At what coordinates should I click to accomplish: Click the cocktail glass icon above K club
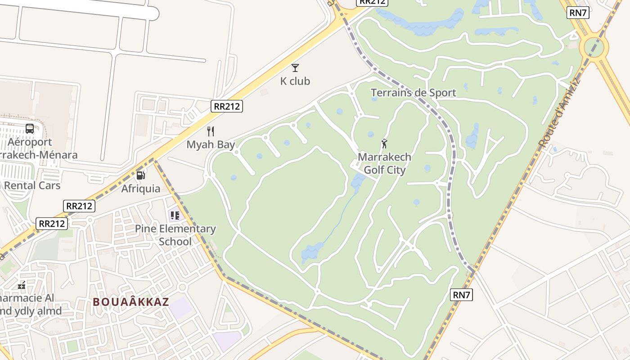tap(295, 68)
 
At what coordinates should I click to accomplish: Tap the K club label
tap(295, 81)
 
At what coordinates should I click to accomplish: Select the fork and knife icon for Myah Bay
tap(211, 131)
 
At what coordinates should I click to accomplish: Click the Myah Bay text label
tap(211, 145)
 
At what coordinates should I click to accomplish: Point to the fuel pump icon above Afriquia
tap(141, 175)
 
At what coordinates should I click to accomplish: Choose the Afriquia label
tap(141, 189)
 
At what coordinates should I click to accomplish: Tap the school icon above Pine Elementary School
tap(175, 216)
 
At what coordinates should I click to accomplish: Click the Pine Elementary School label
tap(175, 235)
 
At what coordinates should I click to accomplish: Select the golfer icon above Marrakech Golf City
tap(384, 144)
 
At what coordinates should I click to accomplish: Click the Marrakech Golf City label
tap(384, 163)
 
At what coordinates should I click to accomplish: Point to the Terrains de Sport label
tap(413, 93)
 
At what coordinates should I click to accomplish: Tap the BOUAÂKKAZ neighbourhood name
tap(131, 302)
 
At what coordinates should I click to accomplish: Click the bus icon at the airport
tap(30, 129)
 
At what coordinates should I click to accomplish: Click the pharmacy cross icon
tap(22, 285)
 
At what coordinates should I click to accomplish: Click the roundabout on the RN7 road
tap(594, 46)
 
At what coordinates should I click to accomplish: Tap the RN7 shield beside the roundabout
tap(578, 13)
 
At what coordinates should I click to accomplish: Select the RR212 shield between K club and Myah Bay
tap(227, 106)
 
